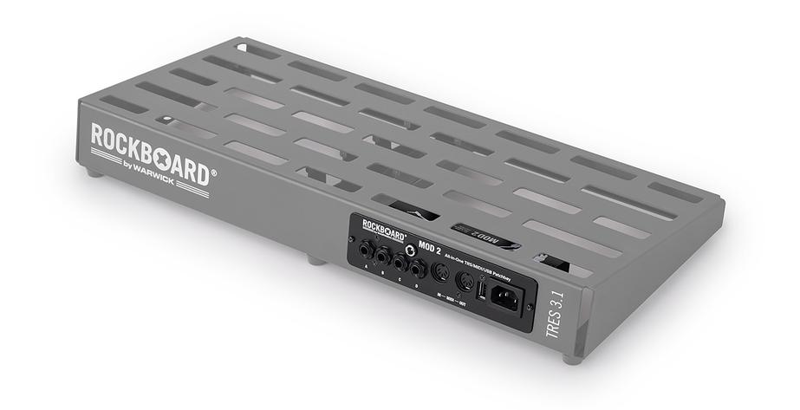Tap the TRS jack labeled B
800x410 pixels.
pyautogui.click(x=382, y=258)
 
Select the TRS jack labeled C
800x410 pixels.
pyautogui.click(x=400, y=262)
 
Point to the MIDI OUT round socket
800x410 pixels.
pyautogui.click(x=465, y=279)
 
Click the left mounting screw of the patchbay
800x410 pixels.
pyautogui.click(x=352, y=236)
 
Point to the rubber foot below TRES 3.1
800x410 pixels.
pyautogui.click(x=570, y=358)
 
